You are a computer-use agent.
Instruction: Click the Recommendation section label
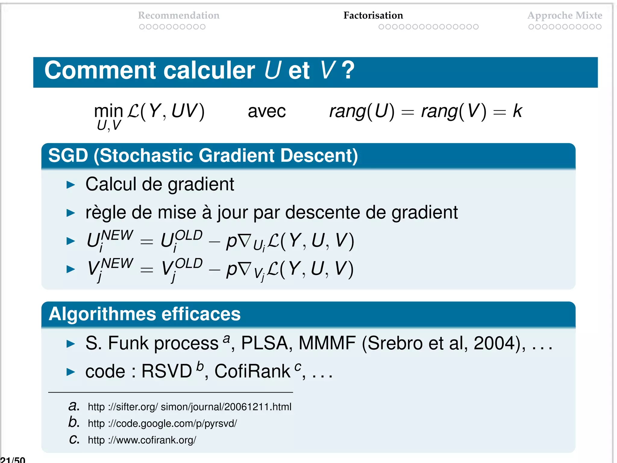(x=179, y=15)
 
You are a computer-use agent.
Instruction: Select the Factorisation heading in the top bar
(x=373, y=15)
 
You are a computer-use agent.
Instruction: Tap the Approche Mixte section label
(x=565, y=15)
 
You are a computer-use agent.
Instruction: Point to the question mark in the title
(x=348, y=71)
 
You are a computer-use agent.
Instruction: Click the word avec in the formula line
(x=267, y=111)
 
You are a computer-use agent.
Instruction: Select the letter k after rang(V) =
(x=517, y=111)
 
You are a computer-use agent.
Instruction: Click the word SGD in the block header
(x=68, y=156)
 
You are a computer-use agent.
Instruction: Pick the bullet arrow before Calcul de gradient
(x=70, y=185)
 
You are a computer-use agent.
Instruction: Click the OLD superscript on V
(x=189, y=263)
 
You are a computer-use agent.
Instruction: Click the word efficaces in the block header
(x=201, y=314)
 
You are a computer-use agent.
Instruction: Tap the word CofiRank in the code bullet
(x=252, y=371)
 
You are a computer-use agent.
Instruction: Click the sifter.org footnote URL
(x=189, y=407)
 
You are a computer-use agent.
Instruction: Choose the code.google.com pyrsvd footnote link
(x=162, y=424)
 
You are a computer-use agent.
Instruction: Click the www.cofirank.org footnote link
(x=142, y=440)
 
